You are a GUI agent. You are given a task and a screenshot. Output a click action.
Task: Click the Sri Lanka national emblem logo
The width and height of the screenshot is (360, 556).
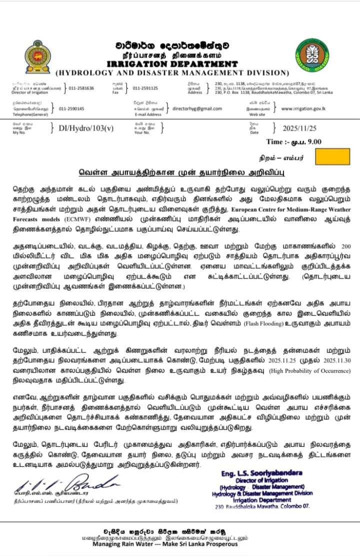click(37, 57)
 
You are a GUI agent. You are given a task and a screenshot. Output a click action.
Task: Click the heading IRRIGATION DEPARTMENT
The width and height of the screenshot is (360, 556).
click(172, 64)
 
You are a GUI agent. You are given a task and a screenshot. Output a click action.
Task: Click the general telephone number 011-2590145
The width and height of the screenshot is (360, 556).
click(71, 109)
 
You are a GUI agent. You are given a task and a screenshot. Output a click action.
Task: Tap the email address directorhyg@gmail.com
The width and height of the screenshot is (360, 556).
click(197, 109)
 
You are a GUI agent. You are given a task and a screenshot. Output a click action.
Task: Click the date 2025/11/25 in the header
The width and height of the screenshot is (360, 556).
click(300, 128)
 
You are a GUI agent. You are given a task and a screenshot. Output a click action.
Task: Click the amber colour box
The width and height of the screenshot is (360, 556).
click(333, 157)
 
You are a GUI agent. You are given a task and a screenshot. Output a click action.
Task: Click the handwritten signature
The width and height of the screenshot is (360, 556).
click(67, 483)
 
